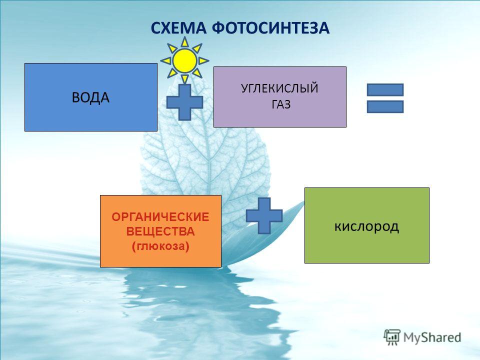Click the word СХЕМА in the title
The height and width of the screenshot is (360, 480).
click(178, 28)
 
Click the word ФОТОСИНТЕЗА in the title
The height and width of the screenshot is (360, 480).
click(270, 28)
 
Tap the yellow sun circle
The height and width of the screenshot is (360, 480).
click(184, 61)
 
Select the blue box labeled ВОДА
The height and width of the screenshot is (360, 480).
click(91, 97)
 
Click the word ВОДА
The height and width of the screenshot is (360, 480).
click(90, 97)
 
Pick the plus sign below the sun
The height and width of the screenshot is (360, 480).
click(184, 102)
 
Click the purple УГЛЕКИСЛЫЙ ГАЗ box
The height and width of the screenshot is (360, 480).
click(280, 96)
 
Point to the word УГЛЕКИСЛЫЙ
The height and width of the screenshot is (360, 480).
click(280, 88)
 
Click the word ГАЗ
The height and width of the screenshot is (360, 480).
click(280, 104)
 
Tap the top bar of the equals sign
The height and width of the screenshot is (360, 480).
click(385, 89)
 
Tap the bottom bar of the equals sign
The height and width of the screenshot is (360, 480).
click(385, 107)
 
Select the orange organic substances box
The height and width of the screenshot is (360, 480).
click(160, 231)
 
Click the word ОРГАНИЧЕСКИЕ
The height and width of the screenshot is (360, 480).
click(160, 217)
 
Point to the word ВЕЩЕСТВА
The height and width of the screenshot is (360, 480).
click(160, 231)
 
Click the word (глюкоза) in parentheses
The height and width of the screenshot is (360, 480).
click(160, 246)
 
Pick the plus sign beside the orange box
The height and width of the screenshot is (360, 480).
click(264, 216)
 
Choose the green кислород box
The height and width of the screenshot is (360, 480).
click(366, 225)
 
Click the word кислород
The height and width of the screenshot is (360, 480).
click(366, 226)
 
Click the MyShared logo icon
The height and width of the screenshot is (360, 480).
click(392, 337)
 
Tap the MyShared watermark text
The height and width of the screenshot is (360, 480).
click(432, 337)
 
